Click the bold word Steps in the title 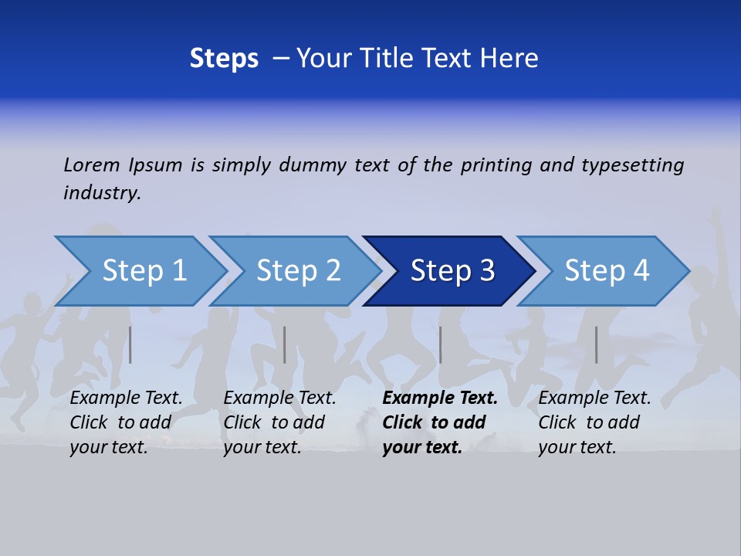pos(224,59)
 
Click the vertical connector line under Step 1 pos(130,344)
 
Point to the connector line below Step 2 pos(285,344)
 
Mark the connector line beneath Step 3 pos(440,344)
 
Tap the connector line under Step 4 pos(596,344)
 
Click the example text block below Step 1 pos(126,422)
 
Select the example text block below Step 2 pos(279,422)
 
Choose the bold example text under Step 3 pos(439,422)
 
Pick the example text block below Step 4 pos(594,422)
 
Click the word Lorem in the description pos(92,164)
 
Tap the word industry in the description pos(102,193)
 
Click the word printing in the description pos(496,165)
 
